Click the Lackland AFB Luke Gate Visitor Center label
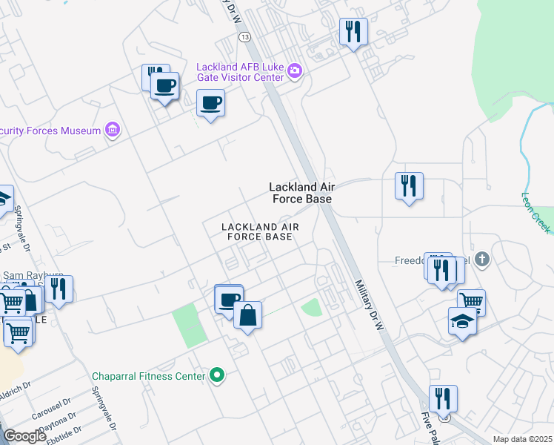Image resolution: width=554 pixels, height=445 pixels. point(240,72)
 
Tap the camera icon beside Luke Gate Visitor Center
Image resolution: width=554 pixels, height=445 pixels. point(295,71)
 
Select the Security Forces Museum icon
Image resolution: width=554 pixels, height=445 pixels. point(112,131)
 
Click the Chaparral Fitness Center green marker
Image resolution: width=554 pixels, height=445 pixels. point(216,376)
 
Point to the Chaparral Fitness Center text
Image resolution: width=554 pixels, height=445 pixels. point(148,376)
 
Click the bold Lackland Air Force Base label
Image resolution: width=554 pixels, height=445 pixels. point(300,193)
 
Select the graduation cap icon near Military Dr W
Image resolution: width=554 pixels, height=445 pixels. point(462,321)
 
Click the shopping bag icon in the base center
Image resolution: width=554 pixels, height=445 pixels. point(247,316)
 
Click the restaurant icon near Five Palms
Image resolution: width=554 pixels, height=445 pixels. point(443,398)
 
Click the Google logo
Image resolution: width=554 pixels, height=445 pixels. point(25,436)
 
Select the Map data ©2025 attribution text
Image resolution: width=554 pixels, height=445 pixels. point(521,439)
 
